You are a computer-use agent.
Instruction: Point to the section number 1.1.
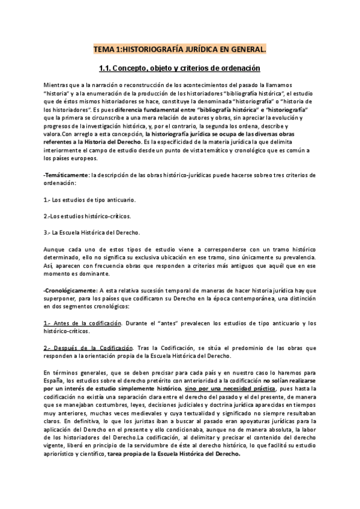(106, 68)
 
